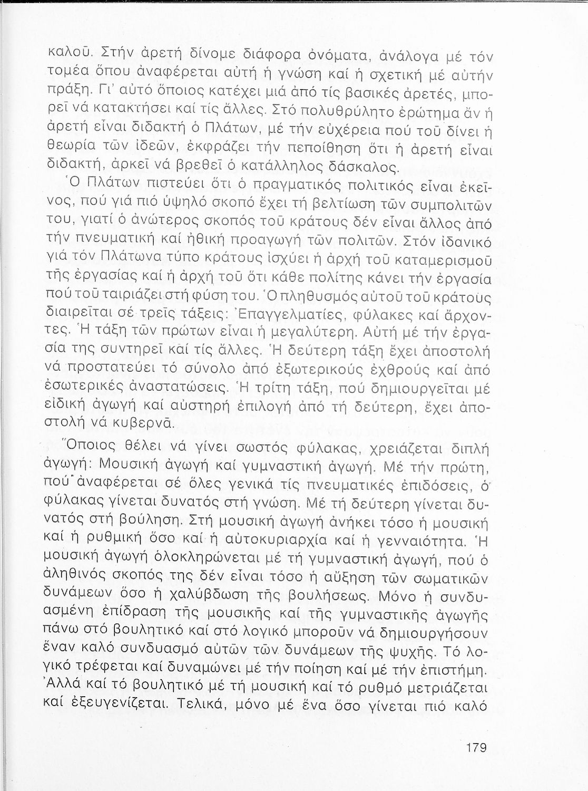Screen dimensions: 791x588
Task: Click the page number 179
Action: click(475, 747)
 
